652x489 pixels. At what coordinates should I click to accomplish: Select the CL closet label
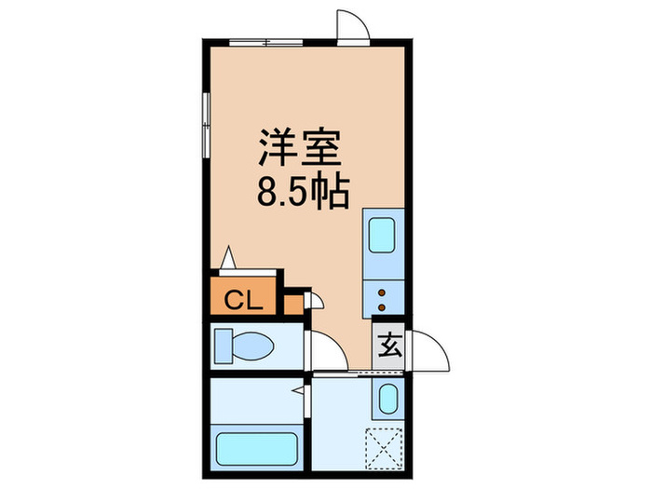244,300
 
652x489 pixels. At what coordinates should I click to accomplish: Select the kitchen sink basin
383,234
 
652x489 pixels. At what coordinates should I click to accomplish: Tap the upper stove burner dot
382,292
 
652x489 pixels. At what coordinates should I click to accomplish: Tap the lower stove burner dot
382,305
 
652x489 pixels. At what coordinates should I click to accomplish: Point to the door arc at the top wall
353,25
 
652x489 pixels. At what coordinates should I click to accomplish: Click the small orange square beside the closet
293,304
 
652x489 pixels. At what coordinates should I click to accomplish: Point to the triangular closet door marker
229,255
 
